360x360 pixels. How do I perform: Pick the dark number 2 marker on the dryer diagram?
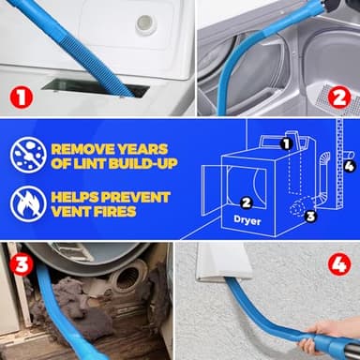pyautogui.click(x=247, y=202)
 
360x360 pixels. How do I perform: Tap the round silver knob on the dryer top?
pyautogui.click(x=145, y=24)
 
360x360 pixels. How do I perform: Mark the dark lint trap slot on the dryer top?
pyautogui.click(x=131, y=89)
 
